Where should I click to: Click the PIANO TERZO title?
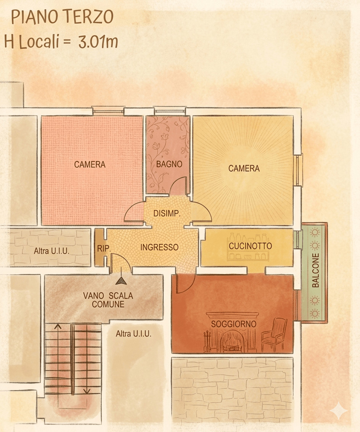(62, 17)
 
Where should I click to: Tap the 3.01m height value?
(98, 42)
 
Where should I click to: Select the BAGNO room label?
(169, 164)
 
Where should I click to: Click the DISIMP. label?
(167, 213)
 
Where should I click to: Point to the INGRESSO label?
(159, 247)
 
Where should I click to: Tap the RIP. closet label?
(104, 248)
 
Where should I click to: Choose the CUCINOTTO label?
(250, 246)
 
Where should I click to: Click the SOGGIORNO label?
(233, 324)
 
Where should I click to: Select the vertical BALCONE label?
(315, 271)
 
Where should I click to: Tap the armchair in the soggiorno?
(274, 334)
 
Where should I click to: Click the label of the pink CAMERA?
(90, 164)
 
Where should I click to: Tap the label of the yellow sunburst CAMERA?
(244, 168)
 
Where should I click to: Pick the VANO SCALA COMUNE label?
(108, 300)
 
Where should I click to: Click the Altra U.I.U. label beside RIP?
(51, 251)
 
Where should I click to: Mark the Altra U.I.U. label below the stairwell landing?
(133, 334)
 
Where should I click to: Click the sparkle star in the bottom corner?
(339, 411)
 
